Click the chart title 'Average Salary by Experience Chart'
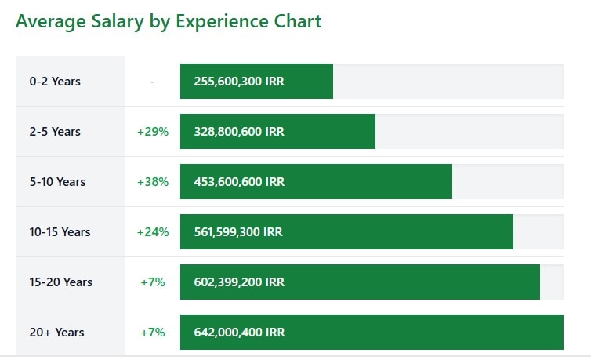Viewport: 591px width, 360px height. [169, 21]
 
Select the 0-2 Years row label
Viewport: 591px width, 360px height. [55, 82]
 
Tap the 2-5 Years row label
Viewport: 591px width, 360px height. [55, 132]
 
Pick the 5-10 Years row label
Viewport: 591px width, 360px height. [58, 182]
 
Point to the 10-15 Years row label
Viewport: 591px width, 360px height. [60, 232]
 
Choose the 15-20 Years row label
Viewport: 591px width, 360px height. [61, 282]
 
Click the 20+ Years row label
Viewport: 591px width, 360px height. [57, 333]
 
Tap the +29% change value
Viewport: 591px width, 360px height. [153, 132]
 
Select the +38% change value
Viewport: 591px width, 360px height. [153, 182]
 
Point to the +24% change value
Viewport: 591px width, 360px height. [153, 232]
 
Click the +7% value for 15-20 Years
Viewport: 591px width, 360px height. [153, 282]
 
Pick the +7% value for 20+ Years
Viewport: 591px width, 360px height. [153, 333]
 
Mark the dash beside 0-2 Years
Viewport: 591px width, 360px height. [152, 82]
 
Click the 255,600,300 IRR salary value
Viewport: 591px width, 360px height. [239, 82]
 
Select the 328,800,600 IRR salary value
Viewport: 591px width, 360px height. [239, 132]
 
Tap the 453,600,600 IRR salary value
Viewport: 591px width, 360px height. [239, 182]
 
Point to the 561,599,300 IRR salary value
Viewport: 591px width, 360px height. [238, 232]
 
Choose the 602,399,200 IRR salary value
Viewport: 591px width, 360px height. [239, 282]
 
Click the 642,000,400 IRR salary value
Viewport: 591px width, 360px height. [239, 333]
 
